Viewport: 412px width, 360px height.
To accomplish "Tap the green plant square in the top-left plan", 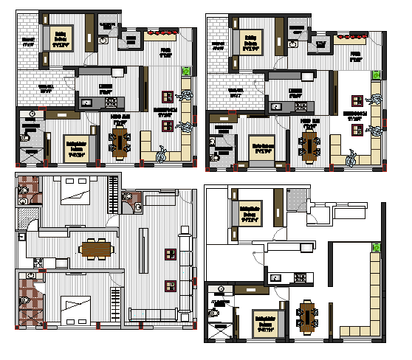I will (x=185, y=72).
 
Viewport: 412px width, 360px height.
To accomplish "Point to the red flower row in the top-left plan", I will (x=162, y=33).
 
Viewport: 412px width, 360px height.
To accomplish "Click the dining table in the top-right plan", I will (x=309, y=141).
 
